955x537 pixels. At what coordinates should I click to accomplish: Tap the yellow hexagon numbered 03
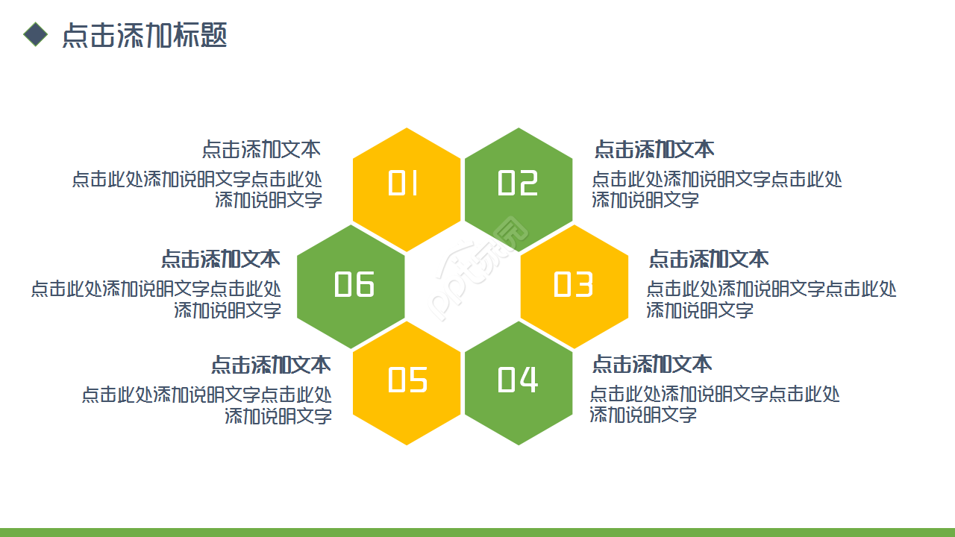click(x=574, y=286)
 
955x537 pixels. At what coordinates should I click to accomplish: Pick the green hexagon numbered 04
click(x=519, y=382)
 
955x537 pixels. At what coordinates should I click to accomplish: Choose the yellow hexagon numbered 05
click(x=407, y=382)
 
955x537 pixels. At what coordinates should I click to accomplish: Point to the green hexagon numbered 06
click(x=351, y=286)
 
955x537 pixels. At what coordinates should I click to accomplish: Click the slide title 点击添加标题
click(x=144, y=35)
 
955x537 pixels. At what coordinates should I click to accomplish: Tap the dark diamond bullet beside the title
click(x=35, y=34)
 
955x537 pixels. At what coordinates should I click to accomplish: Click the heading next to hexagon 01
click(x=261, y=149)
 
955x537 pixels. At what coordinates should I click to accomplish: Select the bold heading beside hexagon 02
click(x=654, y=149)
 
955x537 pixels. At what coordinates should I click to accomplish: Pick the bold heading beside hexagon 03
click(x=709, y=259)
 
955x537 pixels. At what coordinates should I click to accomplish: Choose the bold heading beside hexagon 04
click(x=652, y=364)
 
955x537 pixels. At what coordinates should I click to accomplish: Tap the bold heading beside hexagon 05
click(x=271, y=365)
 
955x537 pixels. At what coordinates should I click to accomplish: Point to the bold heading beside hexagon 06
click(x=221, y=259)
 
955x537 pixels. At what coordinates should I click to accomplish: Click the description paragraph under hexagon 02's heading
click(x=716, y=189)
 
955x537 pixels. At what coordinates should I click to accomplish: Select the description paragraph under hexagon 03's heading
click(x=771, y=299)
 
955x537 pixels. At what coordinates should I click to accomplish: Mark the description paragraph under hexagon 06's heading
click(x=157, y=299)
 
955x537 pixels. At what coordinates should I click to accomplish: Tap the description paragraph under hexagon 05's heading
click(x=207, y=405)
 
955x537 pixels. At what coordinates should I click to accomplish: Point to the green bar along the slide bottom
click(x=477, y=532)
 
